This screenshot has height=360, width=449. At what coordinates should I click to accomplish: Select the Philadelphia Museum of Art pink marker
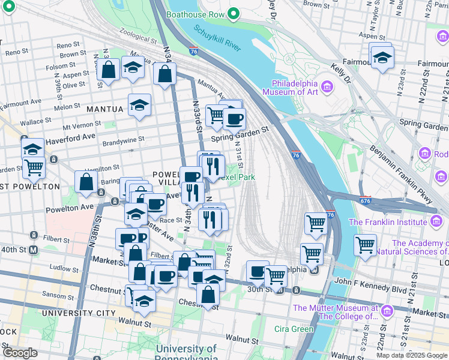click(328, 88)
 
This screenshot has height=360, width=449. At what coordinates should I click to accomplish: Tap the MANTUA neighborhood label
click(104, 109)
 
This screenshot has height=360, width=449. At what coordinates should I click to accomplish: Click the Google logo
click(20, 352)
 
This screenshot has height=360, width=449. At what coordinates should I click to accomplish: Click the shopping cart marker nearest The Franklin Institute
click(365, 244)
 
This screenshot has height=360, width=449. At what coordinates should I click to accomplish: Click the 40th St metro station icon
click(34, 249)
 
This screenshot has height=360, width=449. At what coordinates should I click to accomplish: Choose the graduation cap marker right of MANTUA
click(139, 105)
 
